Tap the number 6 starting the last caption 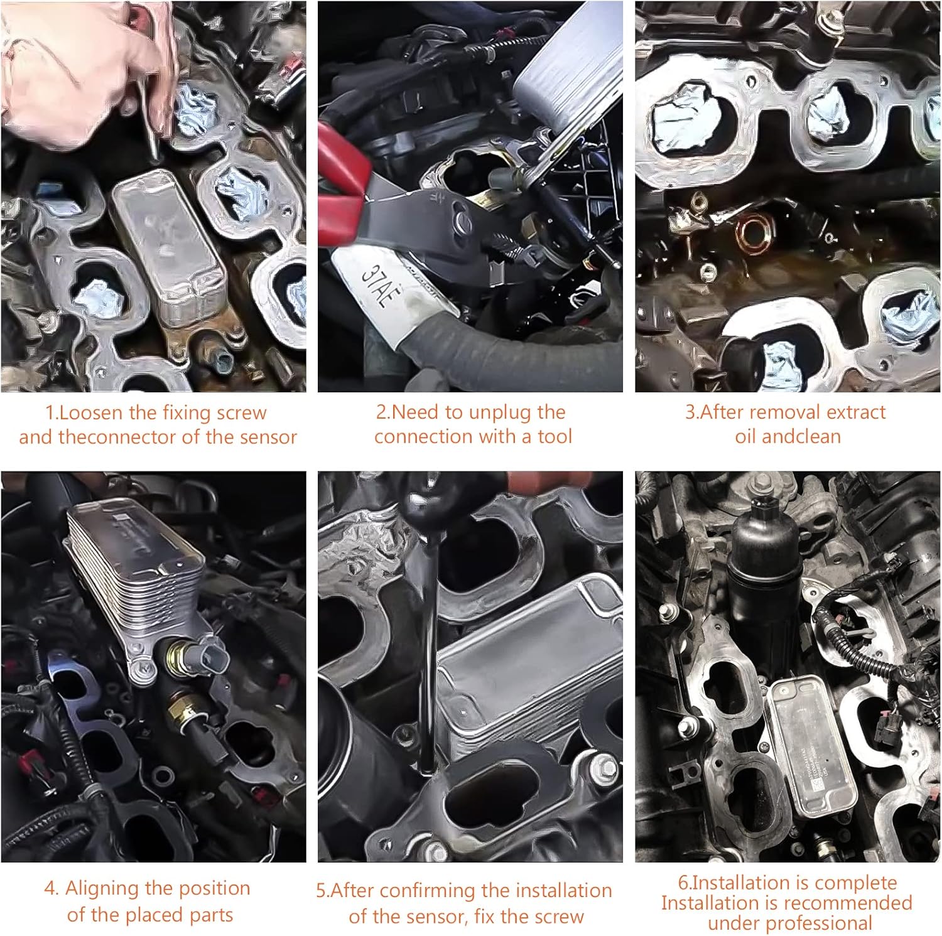click(x=683, y=883)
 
